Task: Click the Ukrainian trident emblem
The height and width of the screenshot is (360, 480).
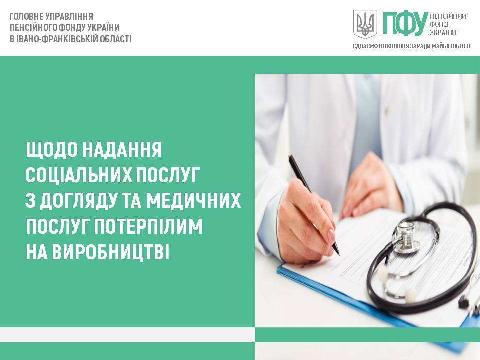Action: pyautogui.click(x=365, y=23)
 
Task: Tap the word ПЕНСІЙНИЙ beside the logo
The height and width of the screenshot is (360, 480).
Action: pyautogui.click(x=448, y=16)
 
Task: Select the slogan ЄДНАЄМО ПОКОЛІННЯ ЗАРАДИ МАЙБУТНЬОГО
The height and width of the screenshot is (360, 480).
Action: pyautogui.click(x=411, y=46)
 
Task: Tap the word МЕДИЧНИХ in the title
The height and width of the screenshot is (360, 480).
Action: pyautogui.click(x=194, y=201)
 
